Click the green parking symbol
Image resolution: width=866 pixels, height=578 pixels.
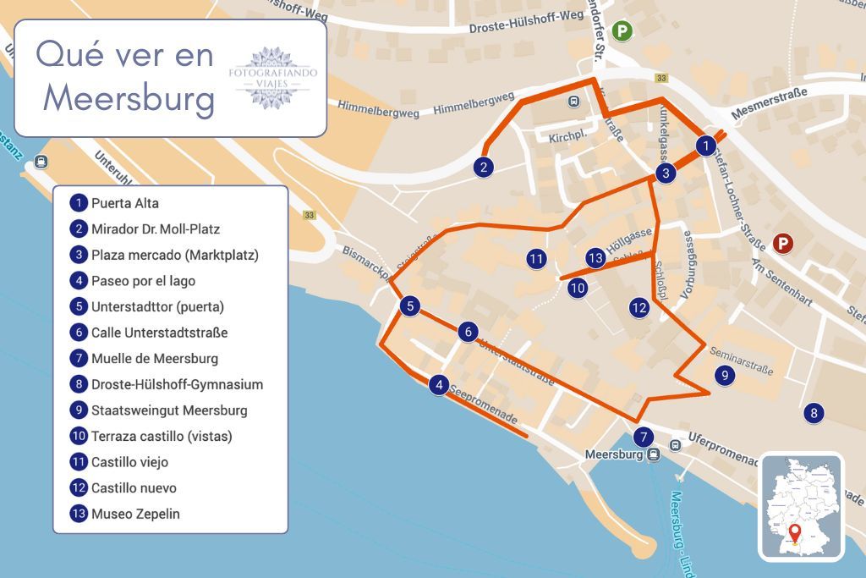(622, 30)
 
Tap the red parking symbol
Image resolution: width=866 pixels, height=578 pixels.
(784, 245)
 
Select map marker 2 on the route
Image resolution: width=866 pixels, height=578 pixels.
(483, 167)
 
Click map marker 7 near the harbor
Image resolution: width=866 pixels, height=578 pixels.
(644, 438)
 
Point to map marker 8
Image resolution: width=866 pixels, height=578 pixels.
(814, 413)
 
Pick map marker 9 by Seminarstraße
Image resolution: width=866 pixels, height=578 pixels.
(723, 376)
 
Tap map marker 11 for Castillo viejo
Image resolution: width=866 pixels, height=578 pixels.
(535, 259)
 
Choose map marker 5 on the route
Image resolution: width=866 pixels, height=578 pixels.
(409, 306)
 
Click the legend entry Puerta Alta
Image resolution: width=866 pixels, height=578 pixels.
(124, 203)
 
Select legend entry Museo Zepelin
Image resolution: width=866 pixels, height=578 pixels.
(135, 514)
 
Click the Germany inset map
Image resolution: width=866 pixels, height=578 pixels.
(800, 507)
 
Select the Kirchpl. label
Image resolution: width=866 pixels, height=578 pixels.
(567, 137)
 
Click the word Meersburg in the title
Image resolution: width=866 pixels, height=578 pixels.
(129, 99)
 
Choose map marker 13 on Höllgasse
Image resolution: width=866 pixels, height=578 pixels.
(596, 258)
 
